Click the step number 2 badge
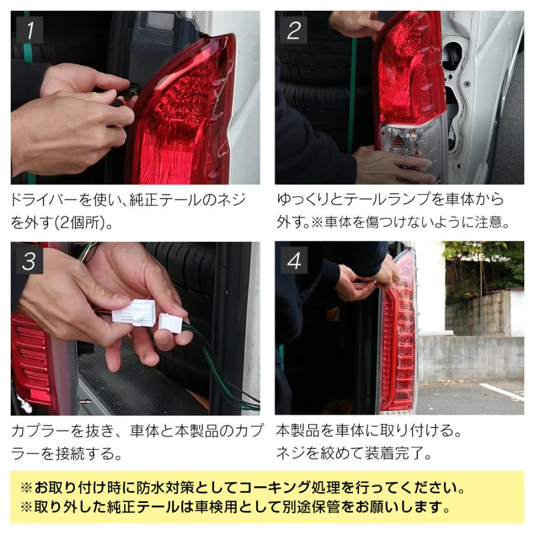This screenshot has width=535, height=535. [293, 30]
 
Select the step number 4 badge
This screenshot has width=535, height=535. [294, 260]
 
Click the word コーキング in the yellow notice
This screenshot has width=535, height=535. [277, 489]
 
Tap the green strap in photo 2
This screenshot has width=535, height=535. [353, 95]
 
